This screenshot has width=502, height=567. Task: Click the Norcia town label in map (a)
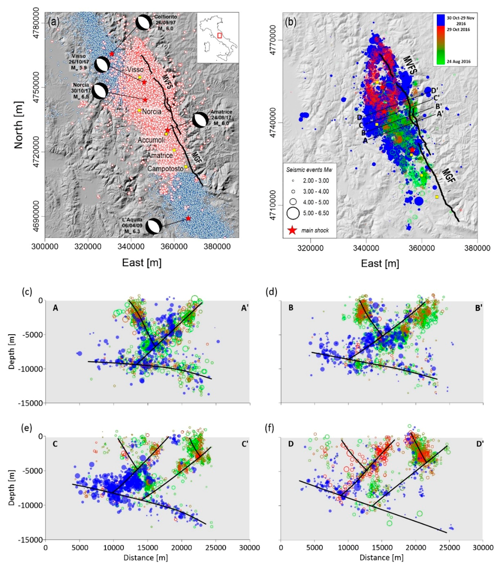pos(152,112)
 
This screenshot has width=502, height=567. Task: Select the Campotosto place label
pos(165,168)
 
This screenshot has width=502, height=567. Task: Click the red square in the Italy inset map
pos(219,35)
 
